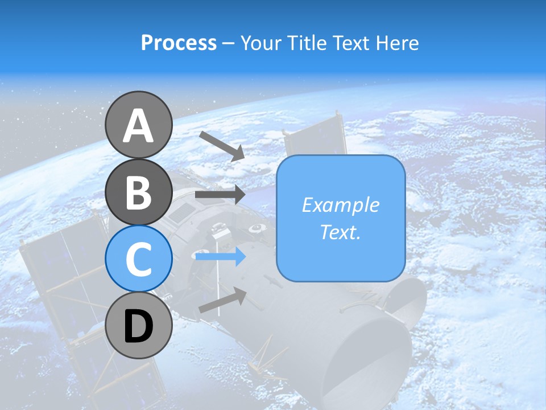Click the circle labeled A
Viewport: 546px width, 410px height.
138,125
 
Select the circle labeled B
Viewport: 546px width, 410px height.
138,192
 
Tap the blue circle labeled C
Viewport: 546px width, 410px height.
138,259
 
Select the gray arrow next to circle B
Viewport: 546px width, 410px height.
220,194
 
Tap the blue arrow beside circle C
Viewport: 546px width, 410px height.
220,257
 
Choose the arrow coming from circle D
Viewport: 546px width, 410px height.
222,300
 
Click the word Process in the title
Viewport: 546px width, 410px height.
179,43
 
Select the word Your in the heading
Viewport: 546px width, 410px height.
262,43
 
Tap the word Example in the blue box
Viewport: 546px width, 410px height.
341,205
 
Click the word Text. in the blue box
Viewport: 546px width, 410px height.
341,232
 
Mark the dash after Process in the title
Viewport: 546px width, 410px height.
228,43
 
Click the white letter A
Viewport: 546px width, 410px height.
138,126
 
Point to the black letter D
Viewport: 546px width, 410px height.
138,326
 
